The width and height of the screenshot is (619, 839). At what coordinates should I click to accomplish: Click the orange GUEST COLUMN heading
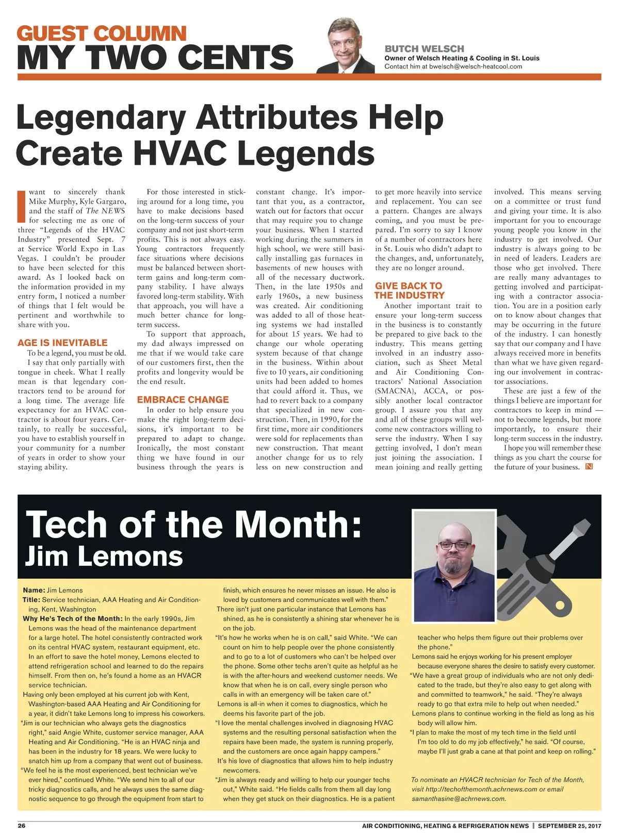tap(102, 34)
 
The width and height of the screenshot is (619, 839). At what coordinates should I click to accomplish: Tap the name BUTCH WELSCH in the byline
tap(424, 49)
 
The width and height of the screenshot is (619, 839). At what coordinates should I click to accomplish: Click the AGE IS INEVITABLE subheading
tap(62, 343)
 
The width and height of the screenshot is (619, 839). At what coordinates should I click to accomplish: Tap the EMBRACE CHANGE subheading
tap(183, 399)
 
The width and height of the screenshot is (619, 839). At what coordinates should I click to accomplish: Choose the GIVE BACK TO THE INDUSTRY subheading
tap(409, 291)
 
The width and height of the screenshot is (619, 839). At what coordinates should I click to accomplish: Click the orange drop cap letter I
tap(22, 206)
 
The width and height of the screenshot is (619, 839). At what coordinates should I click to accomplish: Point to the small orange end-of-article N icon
tap(589, 467)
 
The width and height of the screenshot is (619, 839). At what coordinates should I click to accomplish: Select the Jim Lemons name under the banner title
tap(104, 557)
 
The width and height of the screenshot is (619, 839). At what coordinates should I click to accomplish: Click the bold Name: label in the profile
tap(34, 590)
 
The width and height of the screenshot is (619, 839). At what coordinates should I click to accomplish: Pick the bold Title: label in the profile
tap(31, 600)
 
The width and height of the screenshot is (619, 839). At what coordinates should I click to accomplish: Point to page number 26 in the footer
tap(22, 826)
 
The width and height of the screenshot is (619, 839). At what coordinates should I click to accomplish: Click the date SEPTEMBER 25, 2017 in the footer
tap(569, 826)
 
